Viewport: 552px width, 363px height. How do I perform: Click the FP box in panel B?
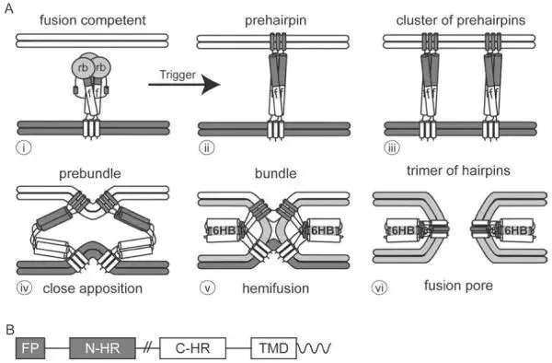click(x=30, y=348)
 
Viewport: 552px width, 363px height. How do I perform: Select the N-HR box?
click(x=102, y=348)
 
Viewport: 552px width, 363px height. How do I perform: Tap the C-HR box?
click(x=192, y=348)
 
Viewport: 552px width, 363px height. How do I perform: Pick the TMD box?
click(x=273, y=348)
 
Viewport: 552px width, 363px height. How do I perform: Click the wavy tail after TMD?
click(x=314, y=348)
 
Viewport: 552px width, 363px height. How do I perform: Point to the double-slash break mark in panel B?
click(x=147, y=348)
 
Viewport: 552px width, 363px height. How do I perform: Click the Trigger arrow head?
click(x=211, y=85)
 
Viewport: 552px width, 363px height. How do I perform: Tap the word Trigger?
click(x=178, y=75)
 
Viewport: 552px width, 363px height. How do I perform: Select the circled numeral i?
click(x=24, y=147)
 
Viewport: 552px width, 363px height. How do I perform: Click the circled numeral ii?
click(x=207, y=147)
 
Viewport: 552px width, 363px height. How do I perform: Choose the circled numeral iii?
click(x=392, y=147)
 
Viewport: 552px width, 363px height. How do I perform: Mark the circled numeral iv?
click(x=24, y=288)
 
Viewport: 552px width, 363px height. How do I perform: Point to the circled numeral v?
click(x=207, y=288)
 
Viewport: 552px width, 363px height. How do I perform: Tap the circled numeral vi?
click(x=379, y=288)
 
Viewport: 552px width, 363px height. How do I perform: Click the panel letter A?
click(x=9, y=8)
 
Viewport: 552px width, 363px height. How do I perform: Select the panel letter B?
click(x=10, y=330)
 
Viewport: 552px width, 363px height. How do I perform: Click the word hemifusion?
click(x=276, y=288)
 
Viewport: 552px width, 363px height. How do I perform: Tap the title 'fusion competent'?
click(x=93, y=20)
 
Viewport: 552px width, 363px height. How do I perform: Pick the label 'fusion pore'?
click(x=458, y=286)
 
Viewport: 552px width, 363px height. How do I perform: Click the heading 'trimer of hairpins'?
click(x=458, y=170)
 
